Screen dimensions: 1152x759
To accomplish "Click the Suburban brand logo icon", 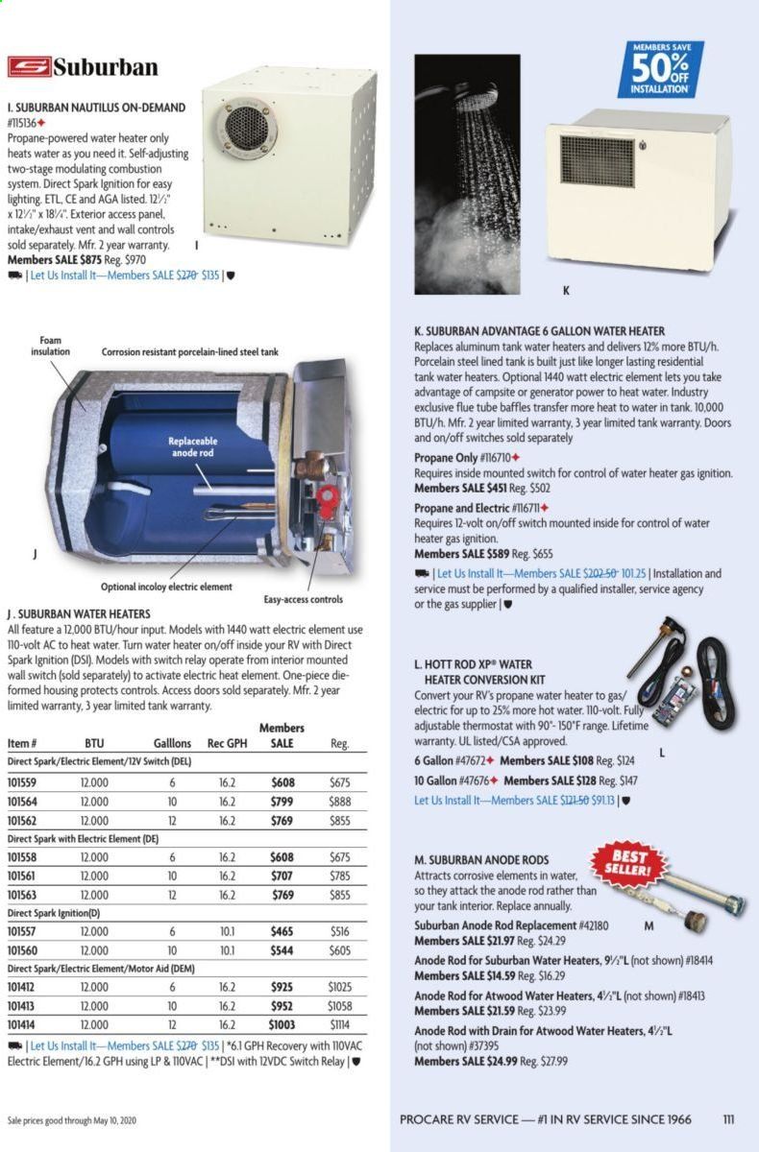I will pyautogui.click(x=29, y=68).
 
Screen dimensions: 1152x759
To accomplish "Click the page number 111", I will pyautogui.click(x=728, y=1118).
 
